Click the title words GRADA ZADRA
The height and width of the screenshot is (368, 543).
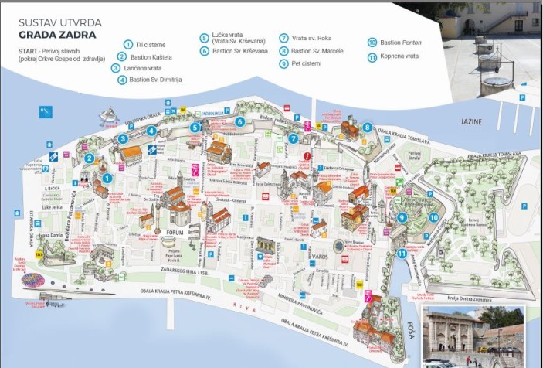(58, 35)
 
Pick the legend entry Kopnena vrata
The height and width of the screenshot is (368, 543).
(399, 57)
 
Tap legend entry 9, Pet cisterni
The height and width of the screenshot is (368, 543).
(306, 63)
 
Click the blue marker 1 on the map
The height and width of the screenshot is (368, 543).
(107, 177)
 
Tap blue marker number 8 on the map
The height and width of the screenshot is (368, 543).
(368, 128)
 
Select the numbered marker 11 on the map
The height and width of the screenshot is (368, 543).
(402, 253)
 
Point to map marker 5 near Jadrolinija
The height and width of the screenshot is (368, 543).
(196, 128)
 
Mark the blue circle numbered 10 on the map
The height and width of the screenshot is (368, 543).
(433, 218)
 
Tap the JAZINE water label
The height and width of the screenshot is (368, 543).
(471, 122)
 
